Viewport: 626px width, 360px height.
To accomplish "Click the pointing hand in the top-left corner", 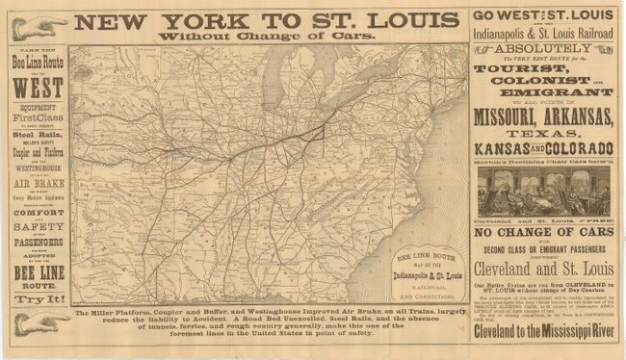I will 38,28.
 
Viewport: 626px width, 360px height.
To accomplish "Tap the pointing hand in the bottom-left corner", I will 41,323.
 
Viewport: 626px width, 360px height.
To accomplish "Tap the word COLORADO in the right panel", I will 582,149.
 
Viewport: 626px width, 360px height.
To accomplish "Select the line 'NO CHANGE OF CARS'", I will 545,233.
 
